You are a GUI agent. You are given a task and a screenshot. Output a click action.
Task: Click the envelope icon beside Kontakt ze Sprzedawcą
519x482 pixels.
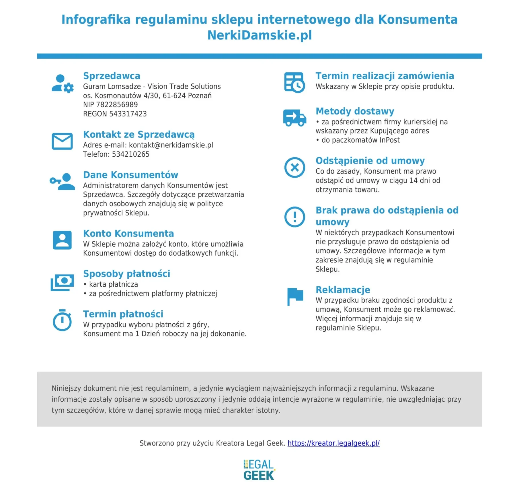coord(62,141)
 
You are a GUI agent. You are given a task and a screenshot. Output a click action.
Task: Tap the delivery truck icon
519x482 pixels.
coord(294,118)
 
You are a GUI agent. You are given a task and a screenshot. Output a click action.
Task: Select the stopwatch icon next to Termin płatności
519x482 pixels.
coord(62,320)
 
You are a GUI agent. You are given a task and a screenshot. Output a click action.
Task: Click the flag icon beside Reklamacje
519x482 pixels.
coord(295,296)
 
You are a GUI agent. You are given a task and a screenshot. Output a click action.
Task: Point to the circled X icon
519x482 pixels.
coord(294,167)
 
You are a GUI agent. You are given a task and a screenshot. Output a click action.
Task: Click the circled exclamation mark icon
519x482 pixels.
coord(294,217)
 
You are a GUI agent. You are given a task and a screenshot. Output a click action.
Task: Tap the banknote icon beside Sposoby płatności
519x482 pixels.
coord(62,282)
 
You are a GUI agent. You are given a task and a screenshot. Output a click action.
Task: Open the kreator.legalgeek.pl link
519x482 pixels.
coord(333,443)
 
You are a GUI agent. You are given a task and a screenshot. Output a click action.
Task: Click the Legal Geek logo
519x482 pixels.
coord(259,470)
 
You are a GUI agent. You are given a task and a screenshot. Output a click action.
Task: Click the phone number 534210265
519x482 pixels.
coord(130,154)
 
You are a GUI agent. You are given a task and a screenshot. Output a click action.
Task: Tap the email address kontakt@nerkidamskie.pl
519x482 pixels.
coord(171,145)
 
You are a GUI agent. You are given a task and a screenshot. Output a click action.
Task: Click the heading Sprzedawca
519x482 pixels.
coord(112,76)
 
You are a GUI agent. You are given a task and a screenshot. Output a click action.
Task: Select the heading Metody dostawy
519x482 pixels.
coord(355,111)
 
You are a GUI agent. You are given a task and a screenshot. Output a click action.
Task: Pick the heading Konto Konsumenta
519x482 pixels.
coord(128,233)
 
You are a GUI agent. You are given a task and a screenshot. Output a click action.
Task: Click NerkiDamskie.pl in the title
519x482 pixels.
coord(259,35)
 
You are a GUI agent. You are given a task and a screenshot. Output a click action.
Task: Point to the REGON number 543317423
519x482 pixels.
coord(128,114)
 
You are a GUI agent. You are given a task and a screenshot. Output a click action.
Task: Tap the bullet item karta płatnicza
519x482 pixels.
coord(114,284)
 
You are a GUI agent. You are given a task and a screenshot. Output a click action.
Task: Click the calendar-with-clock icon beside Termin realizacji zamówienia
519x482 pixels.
coord(294,83)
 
